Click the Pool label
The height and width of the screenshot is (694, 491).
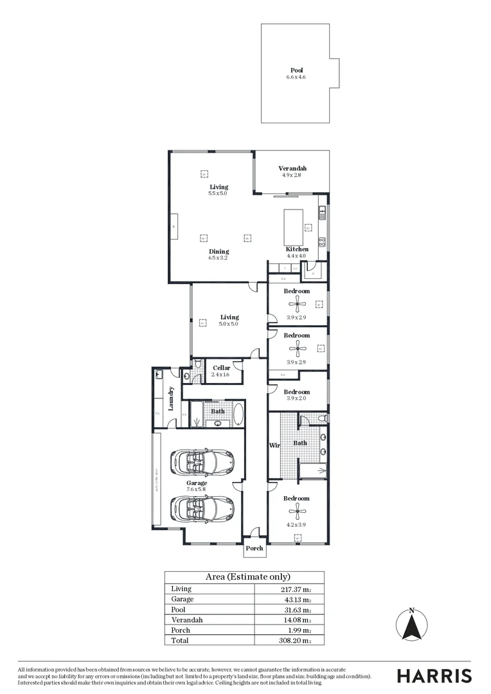click(296, 70)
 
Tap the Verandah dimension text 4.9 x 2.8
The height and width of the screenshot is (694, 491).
click(291, 175)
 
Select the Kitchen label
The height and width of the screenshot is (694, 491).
click(297, 249)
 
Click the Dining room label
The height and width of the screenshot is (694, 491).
click(219, 251)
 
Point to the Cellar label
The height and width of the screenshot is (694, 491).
click(221, 368)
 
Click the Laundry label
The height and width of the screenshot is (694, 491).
click(172, 398)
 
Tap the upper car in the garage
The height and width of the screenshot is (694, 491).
click(202, 461)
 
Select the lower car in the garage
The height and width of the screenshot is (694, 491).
click(202, 508)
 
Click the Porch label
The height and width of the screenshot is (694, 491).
click(254, 548)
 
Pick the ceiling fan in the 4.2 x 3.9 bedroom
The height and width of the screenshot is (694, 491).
click(296, 511)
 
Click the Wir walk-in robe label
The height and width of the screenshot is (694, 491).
click(273, 445)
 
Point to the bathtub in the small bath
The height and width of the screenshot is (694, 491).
click(238, 414)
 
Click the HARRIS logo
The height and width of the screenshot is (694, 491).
click(434, 676)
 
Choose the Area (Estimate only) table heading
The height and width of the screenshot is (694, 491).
click(247, 576)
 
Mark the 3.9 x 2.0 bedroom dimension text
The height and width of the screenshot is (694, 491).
click(296, 398)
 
